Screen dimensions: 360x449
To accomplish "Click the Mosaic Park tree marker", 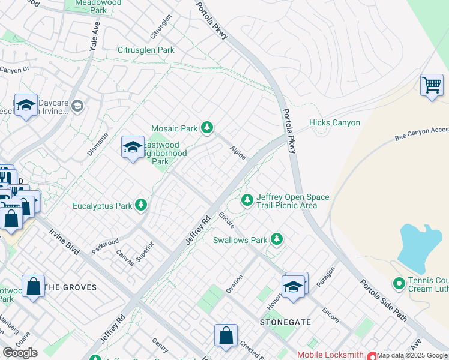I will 207,127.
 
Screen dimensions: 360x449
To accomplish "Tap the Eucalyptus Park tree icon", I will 141,206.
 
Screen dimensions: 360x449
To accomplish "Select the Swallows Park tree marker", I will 276,239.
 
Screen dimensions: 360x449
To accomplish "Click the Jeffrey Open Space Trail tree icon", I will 247,200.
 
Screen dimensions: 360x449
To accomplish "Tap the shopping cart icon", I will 432,85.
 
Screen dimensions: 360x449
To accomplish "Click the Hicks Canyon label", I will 334,123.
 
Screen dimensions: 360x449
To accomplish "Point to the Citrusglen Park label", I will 146,50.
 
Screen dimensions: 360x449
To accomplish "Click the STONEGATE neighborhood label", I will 285,322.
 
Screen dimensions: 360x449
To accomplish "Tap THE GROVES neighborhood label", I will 71,287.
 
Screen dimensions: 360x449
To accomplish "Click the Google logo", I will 20,353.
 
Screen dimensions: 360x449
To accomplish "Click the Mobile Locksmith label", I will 331,355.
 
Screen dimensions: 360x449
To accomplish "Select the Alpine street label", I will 238,154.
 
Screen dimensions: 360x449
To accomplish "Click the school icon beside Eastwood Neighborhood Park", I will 133,147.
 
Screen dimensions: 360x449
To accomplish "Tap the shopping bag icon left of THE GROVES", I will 33,286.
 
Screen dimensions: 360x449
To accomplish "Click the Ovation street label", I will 234,283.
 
